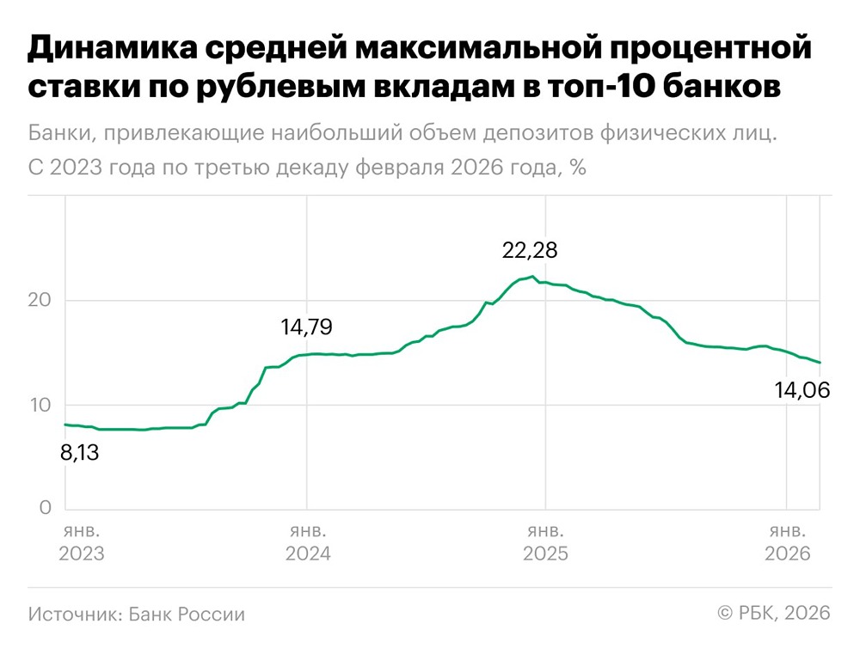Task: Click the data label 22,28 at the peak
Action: [530, 251]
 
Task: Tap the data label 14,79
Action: [306, 327]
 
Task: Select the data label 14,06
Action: [802, 391]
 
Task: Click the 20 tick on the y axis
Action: [40, 301]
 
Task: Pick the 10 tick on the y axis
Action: [40, 405]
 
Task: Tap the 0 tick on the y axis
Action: [45, 509]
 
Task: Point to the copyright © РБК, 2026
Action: [773, 613]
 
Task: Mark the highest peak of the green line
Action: [533, 276]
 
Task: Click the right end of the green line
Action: [820, 363]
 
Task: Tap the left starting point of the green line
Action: [65, 425]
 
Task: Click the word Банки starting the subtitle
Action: [62, 134]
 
